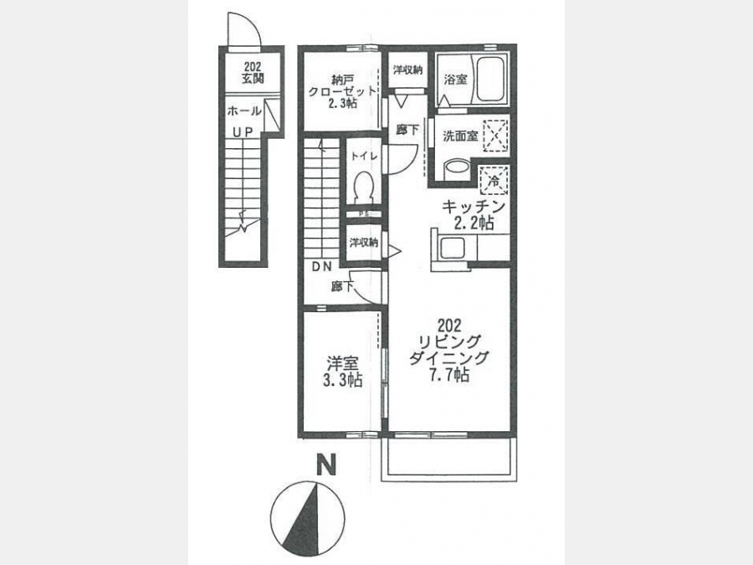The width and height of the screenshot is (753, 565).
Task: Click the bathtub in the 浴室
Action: (489, 80)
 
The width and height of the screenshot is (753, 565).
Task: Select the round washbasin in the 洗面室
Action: (457, 170)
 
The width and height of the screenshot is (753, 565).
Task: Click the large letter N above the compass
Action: (325, 465)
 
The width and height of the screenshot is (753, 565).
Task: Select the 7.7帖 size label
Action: (449, 375)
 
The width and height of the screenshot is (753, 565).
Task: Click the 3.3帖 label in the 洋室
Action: (342, 380)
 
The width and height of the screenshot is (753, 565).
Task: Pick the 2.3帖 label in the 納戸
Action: (342, 103)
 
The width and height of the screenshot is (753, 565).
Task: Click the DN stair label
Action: (322, 267)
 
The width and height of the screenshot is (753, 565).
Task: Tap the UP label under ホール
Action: (243, 131)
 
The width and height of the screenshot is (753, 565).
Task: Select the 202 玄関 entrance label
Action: (253, 73)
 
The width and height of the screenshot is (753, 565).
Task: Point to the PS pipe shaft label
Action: (364, 214)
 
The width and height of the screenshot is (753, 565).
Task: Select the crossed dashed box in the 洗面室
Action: (495, 136)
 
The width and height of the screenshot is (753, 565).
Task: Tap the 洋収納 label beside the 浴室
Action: (407, 70)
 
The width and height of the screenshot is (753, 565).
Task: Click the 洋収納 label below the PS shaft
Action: (364, 243)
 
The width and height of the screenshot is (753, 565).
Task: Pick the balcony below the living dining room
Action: (449, 460)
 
